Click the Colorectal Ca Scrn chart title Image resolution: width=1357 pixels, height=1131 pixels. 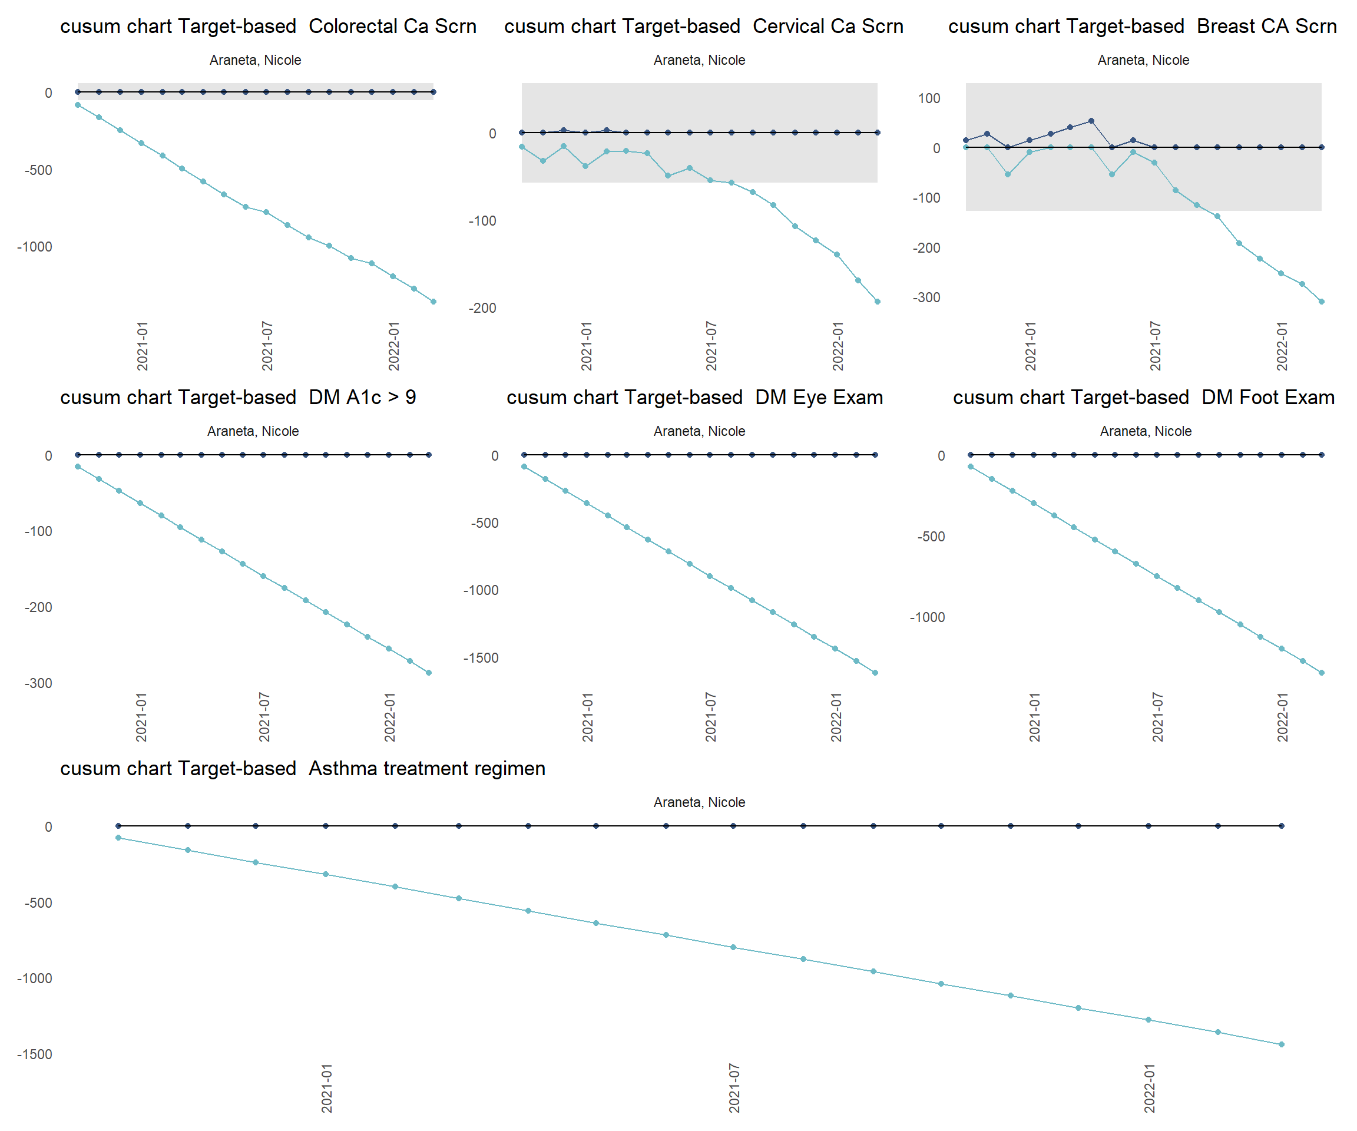pos(268,27)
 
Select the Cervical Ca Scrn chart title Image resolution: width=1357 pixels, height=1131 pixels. pos(704,27)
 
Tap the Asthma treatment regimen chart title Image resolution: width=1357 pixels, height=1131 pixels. pos(302,769)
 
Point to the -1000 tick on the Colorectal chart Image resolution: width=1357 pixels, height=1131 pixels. pos(35,247)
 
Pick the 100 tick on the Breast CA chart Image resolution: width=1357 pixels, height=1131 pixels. pos(929,98)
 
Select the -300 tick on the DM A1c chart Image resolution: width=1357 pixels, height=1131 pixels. pos(38,684)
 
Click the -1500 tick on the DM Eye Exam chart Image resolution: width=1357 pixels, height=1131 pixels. pos(481,659)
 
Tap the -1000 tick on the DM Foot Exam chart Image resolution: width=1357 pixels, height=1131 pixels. pos(927,618)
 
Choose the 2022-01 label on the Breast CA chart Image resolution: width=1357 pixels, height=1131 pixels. pos(1282,346)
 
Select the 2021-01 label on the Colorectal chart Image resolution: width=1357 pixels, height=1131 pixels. pos(142,346)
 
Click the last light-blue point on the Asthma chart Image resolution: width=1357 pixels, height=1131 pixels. pos(1282,1044)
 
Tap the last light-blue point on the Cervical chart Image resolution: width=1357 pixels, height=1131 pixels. pos(878,302)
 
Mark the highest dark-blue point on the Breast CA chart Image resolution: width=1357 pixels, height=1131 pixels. pos(1091,121)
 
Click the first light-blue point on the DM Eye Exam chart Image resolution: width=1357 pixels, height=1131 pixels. pos(524,467)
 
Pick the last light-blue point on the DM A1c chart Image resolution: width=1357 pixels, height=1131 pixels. pos(429,673)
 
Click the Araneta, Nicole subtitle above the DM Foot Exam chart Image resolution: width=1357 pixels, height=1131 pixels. pos(1146,431)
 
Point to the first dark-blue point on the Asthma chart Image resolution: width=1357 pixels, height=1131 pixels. pos(118,826)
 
